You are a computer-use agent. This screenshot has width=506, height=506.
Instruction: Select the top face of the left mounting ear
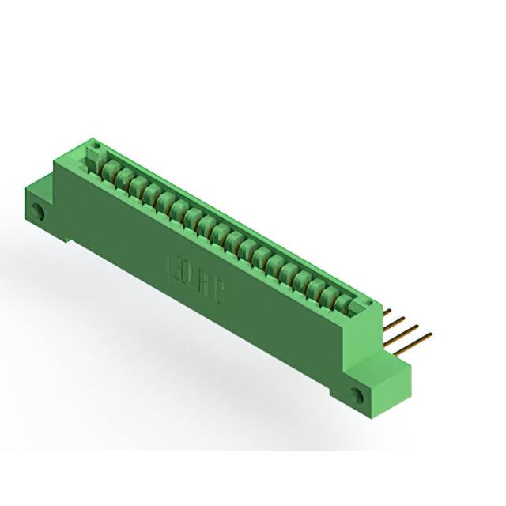(x=40, y=187)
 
